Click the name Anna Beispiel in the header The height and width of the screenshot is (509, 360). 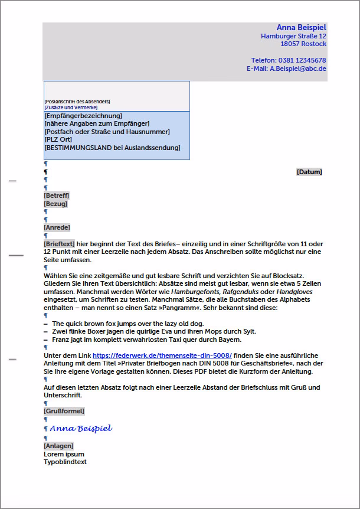301,28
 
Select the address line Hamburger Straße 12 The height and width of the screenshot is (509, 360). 293,36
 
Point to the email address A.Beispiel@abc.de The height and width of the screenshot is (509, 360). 298,68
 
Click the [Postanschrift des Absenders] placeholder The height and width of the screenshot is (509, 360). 77,102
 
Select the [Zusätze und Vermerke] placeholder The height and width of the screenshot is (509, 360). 71,107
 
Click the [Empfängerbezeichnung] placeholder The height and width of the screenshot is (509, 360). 83,116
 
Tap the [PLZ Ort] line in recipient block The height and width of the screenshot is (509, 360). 58,139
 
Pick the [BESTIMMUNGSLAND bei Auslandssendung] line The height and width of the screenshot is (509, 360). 112,148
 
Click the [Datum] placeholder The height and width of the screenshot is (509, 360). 309,172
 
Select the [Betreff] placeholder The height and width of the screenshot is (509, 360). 56,195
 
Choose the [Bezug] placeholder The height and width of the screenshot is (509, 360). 55,204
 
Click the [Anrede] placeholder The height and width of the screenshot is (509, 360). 57,227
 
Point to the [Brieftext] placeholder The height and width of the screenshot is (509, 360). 59,243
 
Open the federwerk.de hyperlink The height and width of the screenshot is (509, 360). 162,355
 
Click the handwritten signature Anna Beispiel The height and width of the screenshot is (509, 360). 81,428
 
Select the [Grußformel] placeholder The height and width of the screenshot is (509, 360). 64,411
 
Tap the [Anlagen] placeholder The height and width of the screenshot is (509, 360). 58,446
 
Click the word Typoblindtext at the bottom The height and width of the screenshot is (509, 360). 65,462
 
